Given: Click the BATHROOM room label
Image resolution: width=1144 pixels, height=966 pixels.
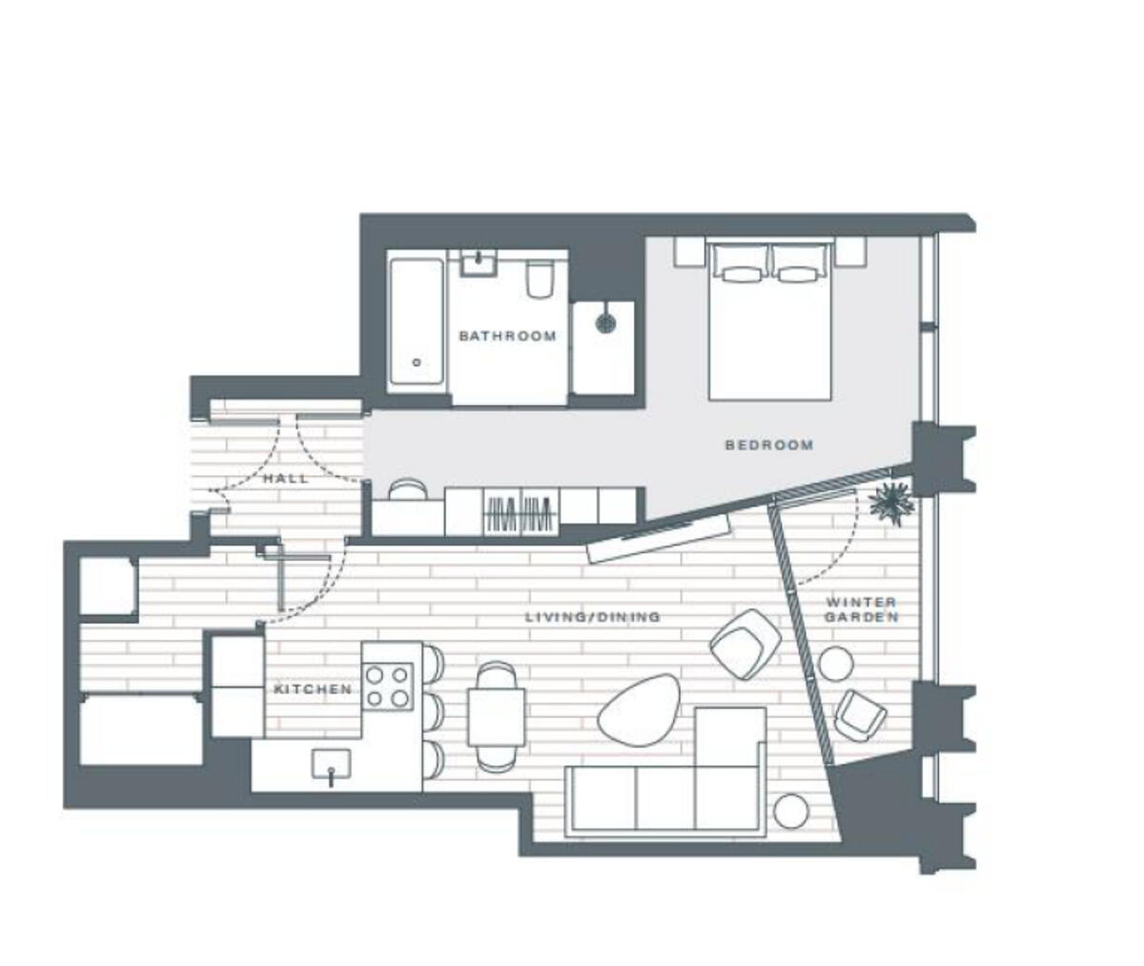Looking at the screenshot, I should pos(506,336).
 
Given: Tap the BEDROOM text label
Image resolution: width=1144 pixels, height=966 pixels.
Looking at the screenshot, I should pos(768,444).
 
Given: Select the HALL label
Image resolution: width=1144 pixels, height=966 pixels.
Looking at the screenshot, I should pos(286,478).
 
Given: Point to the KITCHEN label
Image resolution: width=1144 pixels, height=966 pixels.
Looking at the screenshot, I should pos(313,689).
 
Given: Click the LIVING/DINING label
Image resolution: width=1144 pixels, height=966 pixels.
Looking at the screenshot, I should pos(592,617).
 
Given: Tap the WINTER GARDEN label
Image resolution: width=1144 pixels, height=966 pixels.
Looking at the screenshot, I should pos(861,609).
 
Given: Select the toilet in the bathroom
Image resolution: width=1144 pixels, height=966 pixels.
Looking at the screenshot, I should pos(539,279).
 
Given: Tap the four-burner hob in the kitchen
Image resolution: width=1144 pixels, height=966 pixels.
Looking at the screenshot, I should pos(389,687).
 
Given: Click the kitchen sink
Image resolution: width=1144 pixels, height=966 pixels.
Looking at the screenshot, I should pos(330,765).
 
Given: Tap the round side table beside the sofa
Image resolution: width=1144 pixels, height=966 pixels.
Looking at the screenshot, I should pos(790,812).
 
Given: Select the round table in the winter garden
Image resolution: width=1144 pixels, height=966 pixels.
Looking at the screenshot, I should pos(836,664).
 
